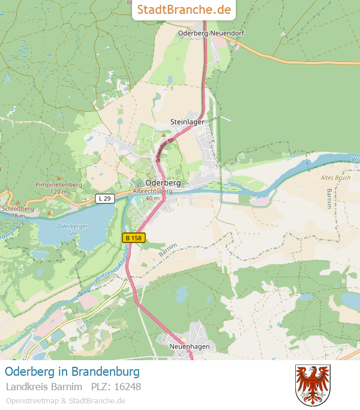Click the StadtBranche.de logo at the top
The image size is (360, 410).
tap(184, 10)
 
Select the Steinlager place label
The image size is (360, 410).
tap(187, 121)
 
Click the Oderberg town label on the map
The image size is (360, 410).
tap(163, 182)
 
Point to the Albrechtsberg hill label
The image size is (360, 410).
tap(152, 191)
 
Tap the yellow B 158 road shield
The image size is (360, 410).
tap(133, 238)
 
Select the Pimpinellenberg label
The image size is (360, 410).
tap(59, 184)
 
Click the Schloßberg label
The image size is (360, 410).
tap(18, 209)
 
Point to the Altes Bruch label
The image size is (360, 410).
tap(335, 178)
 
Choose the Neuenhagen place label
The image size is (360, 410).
tap(189, 347)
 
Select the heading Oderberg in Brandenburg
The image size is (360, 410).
tap(72, 371)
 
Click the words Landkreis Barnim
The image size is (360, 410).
tap(44, 387)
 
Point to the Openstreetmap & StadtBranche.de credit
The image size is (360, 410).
tap(65, 400)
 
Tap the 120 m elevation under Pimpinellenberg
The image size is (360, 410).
tap(59, 191)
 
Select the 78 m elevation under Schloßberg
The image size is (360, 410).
tap(18, 216)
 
